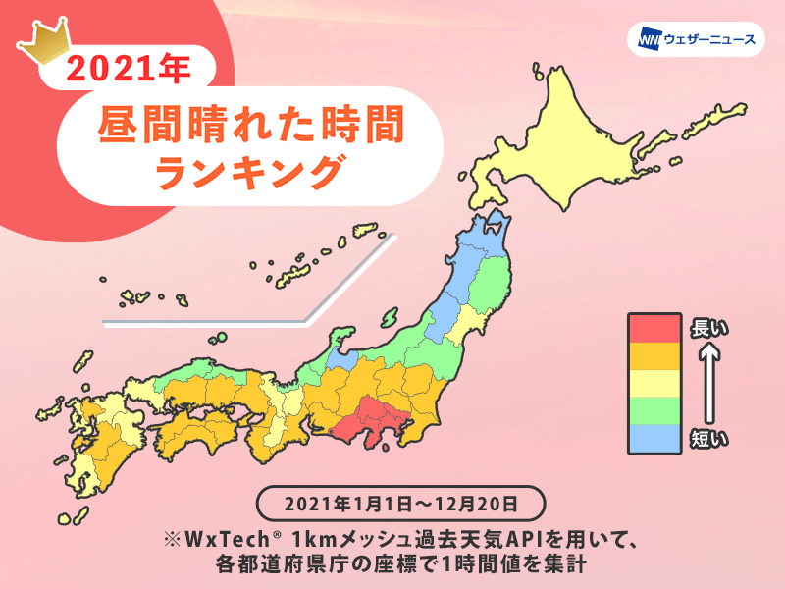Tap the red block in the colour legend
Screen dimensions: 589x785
click(654, 327)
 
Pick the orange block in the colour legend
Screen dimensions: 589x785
click(654, 355)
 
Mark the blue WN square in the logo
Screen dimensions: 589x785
click(649, 40)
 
